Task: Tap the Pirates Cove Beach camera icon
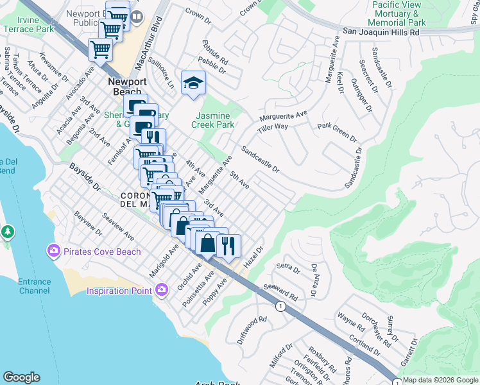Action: coord(53,250)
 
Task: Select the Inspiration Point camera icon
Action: coord(162,290)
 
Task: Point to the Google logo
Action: coord(21,377)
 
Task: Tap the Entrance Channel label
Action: coord(34,286)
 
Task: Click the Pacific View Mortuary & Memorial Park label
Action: coord(406,13)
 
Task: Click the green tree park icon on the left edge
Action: coord(7,231)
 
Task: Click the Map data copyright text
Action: coord(440,380)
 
